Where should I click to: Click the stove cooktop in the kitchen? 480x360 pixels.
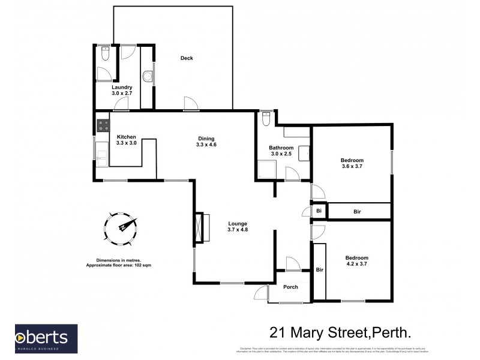(x=101, y=126)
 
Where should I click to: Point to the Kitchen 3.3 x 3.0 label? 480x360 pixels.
(x=126, y=140)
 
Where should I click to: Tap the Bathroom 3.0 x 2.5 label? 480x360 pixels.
(x=281, y=151)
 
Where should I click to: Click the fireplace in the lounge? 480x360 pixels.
(x=199, y=227)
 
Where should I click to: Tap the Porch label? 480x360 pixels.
(x=290, y=287)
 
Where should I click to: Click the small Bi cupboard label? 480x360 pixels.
(x=319, y=211)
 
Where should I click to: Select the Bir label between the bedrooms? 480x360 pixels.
(x=357, y=211)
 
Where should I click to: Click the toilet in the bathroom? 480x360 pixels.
(x=266, y=118)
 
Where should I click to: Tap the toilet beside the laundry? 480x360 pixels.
(x=104, y=56)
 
